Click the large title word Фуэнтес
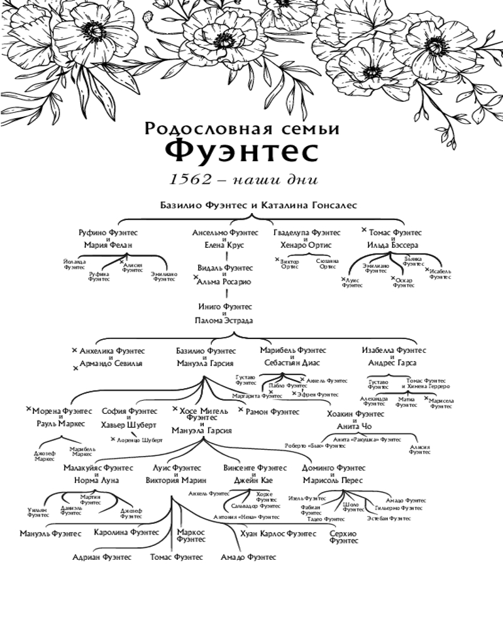click(x=242, y=152)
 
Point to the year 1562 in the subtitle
click(x=190, y=179)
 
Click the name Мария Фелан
click(x=108, y=245)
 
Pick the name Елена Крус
click(x=224, y=245)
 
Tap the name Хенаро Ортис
click(x=306, y=245)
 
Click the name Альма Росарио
click(x=224, y=282)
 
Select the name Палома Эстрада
click(x=224, y=321)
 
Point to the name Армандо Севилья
click(x=111, y=364)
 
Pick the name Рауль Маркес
click(x=61, y=423)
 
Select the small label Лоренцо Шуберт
click(x=140, y=440)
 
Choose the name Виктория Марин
click(x=176, y=481)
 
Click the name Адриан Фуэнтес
click(x=101, y=557)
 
